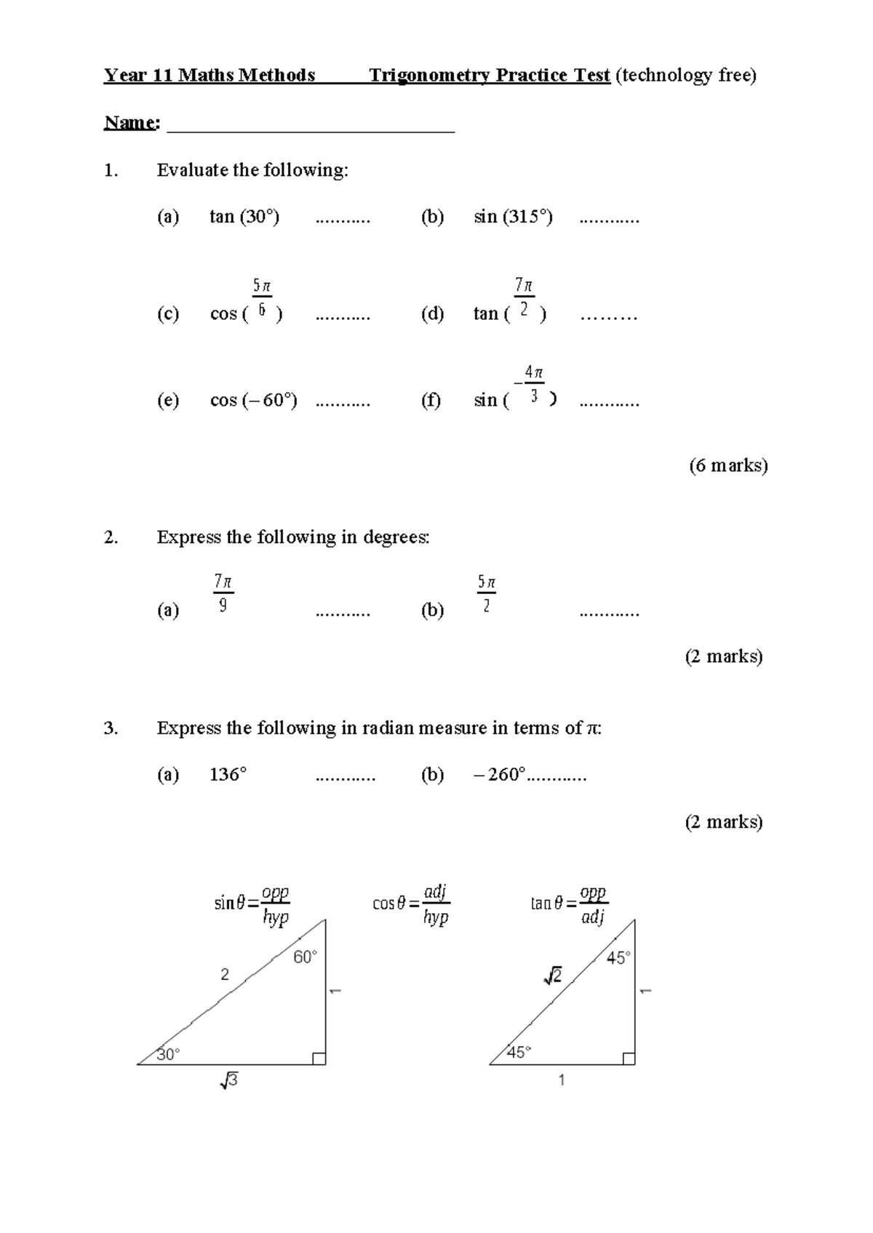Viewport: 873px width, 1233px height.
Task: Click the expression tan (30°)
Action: tap(244, 217)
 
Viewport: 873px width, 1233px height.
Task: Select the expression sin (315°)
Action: tap(513, 217)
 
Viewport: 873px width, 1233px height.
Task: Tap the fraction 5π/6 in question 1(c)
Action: tap(262, 298)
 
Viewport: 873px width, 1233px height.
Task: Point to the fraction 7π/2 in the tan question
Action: tap(524, 297)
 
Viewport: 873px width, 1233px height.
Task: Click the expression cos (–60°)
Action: tap(253, 400)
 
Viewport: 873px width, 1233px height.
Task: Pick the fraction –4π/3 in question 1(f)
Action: tap(530, 385)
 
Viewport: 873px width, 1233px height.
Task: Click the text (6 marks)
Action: tap(728, 465)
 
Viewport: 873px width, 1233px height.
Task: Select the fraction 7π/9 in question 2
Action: tap(223, 593)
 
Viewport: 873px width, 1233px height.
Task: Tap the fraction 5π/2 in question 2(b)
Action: tap(486, 593)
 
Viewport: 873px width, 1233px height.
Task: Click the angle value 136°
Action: tap(228, 775)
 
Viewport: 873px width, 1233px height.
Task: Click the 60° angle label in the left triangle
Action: tap(305, 957)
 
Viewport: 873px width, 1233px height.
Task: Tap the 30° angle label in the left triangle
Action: tap(168, 1054)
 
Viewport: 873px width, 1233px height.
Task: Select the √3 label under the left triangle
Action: tap(228, 1081)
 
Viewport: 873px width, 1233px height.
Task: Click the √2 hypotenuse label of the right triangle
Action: tap(553, 976)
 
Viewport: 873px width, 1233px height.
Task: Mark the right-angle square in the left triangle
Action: tap(319, 1059)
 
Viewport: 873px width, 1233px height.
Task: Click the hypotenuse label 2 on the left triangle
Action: tap(225, 974)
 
